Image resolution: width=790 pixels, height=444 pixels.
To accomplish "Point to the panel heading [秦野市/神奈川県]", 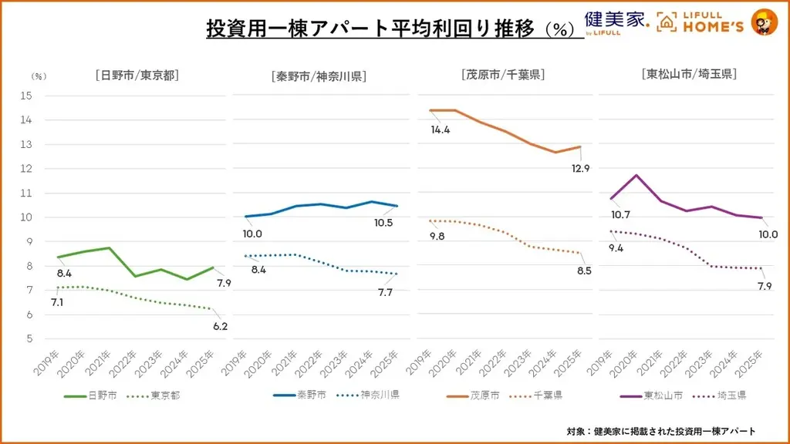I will pyautogui.click(x=319, y=76).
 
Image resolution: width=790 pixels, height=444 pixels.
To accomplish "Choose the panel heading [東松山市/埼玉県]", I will pyautogui.click(x=688, y=75).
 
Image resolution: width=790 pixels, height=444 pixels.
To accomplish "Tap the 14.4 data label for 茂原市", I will pyautogui.click(x=441, y=129).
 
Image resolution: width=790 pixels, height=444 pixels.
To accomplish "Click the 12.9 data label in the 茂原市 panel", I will pyautogui.click(x=579, y=168).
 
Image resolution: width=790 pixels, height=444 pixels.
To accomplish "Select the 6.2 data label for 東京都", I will pyautogui.click(x=219, y=326).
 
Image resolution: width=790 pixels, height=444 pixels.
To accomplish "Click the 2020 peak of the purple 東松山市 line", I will pyautogui.click(x=636, y=175).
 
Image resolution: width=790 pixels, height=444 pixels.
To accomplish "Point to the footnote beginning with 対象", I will pyautogui.click(x=660, y=431).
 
